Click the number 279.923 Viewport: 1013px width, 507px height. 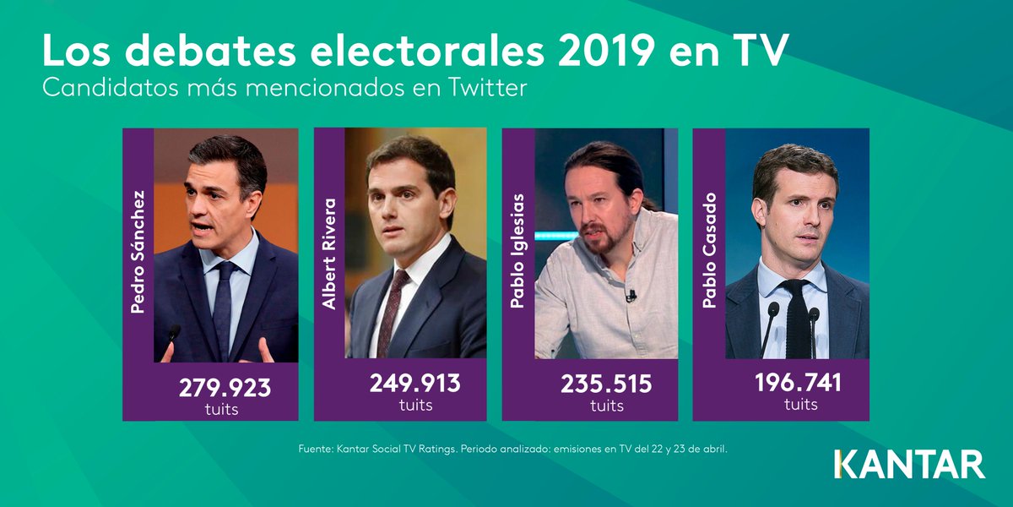pos(225,388)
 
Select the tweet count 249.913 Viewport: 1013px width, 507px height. pos(415,383)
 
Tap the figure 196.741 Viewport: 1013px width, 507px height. pos(798,383)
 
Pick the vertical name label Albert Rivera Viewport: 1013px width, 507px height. pos(330,253)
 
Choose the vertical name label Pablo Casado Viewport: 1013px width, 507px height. pos(710,249)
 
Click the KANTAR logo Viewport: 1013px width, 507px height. pos(909,465)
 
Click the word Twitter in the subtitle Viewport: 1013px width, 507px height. pos(490,88)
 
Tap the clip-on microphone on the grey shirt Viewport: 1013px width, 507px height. pos(630,296)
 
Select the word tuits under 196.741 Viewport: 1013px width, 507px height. pos(800,405)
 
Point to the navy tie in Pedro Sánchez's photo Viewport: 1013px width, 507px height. pos(225,304)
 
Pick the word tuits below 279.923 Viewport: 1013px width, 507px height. pos(221,410)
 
